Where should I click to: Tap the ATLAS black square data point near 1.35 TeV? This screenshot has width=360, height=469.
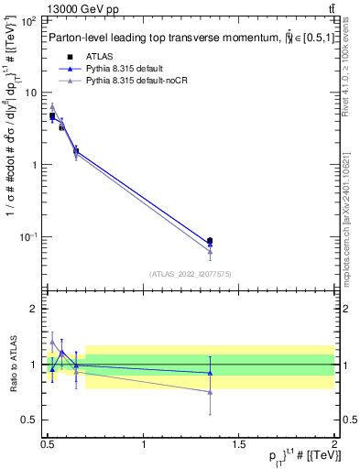[211, 241]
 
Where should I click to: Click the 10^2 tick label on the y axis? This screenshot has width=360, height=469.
[28, 20]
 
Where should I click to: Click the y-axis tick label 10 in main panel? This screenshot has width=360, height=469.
[30, 93]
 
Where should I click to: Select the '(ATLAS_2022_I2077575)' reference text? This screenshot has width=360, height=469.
[191, 273]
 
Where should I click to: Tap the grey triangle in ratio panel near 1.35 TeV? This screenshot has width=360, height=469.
[211, 392]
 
